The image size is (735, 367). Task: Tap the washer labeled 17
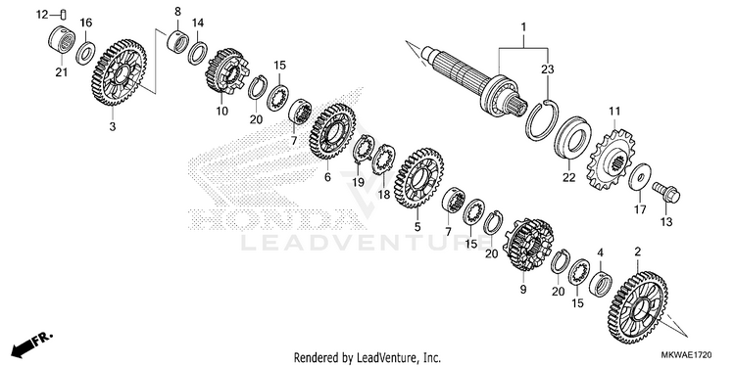pyautogui.click(x=639, y=177)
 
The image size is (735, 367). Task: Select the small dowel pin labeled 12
pyautogui.click(x=64, y=14)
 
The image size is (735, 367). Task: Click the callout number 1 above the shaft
pyautogui.click(x=523, y=27)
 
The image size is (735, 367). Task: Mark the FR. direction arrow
pyautogui.click(x=32, y=344)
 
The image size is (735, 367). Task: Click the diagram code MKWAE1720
pyautogui.click(x=687, y=356)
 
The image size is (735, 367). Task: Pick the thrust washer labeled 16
pyautogui.click(x=86, y=53)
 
